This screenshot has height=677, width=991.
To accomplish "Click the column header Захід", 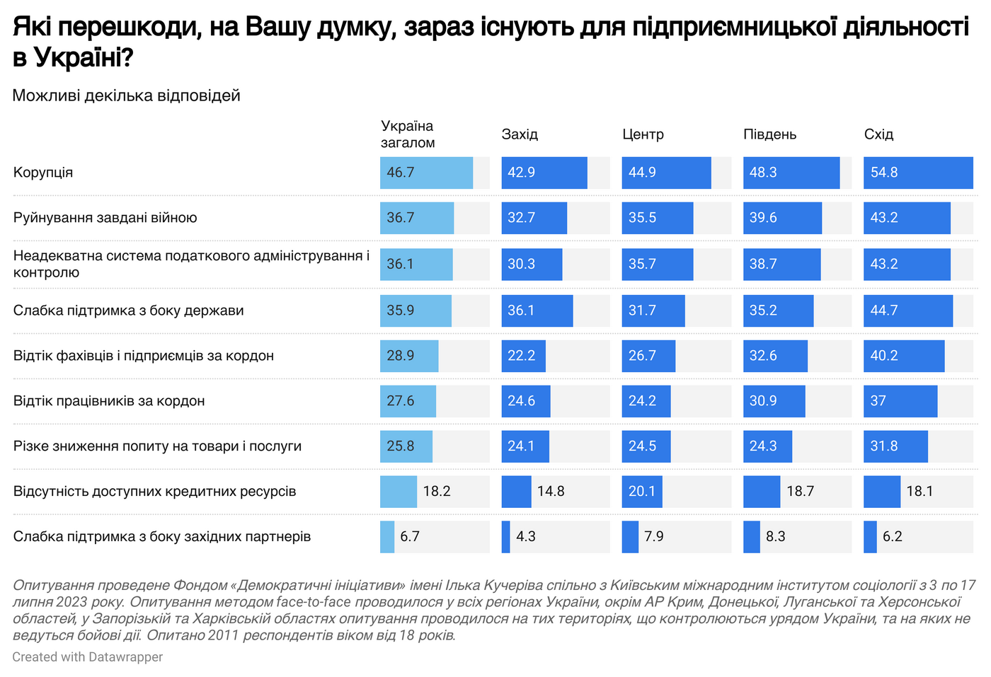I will click(x=520, y=134).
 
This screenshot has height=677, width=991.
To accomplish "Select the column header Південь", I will click(x=769, y=134).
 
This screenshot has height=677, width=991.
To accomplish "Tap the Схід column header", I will click(x=878, y=134).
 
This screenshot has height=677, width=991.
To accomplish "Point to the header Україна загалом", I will click(x=408, y=134).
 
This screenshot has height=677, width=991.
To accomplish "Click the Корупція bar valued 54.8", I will click(x=918, y=173).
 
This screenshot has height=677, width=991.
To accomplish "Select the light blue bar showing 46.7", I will click(x=426, y=173).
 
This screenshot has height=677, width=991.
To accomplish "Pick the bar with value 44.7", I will click(x=908, y=311).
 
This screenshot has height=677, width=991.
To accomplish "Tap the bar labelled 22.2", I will click(x=523, y=356).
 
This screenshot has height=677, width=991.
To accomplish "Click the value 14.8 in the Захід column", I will click(x=551, y=492).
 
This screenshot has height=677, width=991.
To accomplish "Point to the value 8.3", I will click(x=776, y=537).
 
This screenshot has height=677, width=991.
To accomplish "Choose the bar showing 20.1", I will click(x=642, y=492).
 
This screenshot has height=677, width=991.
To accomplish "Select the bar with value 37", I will click(x=900, y=401).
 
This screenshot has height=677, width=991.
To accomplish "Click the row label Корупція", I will click(x=43, y=173).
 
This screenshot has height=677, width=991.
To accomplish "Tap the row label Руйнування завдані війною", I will click(x=105, y=218).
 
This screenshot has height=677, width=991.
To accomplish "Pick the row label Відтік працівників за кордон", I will click(x=109, y=401).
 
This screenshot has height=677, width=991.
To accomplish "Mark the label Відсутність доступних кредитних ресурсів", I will click(x=154, y=492).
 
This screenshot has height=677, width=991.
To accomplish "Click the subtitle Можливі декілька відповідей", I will click(x=126, y=96).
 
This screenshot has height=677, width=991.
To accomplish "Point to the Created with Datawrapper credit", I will click(x=87, y=657).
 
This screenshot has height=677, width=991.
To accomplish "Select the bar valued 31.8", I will click(x=895, y=446).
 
